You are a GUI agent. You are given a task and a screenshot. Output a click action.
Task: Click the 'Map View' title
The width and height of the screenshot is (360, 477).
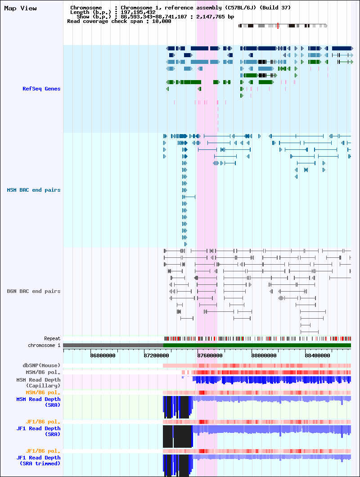coord(20,9)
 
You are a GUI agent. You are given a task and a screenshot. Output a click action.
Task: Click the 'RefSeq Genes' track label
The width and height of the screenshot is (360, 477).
coord(41,89)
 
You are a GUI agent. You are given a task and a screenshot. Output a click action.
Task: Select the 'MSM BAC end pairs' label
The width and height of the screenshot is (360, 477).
coord(34,190)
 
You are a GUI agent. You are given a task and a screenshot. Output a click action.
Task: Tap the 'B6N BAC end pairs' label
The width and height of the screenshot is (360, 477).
coord(34,292)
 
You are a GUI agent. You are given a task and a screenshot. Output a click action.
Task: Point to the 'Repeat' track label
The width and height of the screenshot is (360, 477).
coord(52,338)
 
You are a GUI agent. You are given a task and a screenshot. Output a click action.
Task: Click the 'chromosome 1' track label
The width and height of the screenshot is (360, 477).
coord(44,346)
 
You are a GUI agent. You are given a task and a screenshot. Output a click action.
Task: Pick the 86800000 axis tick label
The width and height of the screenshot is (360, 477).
coord(103,355)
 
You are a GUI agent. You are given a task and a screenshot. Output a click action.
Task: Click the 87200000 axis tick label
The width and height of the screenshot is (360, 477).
coord(157,355)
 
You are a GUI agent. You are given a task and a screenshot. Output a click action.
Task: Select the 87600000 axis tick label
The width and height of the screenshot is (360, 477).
coord(210,355)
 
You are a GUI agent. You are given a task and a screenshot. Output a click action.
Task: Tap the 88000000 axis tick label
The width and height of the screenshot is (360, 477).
coord(264,355)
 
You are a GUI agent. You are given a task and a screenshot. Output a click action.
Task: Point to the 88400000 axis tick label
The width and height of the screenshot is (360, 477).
coord(317,355)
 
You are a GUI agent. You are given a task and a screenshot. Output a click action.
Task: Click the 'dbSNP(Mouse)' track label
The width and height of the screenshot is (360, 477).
coord(41,366)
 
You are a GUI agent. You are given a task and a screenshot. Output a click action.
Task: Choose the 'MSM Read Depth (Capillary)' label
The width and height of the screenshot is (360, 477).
coord(38,382)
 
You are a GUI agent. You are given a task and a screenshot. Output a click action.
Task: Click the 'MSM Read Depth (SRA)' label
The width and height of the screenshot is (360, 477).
coord(38,402)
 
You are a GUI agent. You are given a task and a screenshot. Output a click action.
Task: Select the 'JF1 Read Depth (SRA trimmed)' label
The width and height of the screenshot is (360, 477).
coord(38,460)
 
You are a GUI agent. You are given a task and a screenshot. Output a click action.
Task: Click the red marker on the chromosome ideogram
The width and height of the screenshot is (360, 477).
coord(278,26)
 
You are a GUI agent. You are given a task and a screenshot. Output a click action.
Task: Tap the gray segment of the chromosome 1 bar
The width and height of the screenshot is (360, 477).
coord(113,346)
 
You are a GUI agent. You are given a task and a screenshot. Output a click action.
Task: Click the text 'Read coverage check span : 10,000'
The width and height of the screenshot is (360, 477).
coord(119,21)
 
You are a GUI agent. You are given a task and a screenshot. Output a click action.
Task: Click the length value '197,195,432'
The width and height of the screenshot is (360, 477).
coord(138,13)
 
